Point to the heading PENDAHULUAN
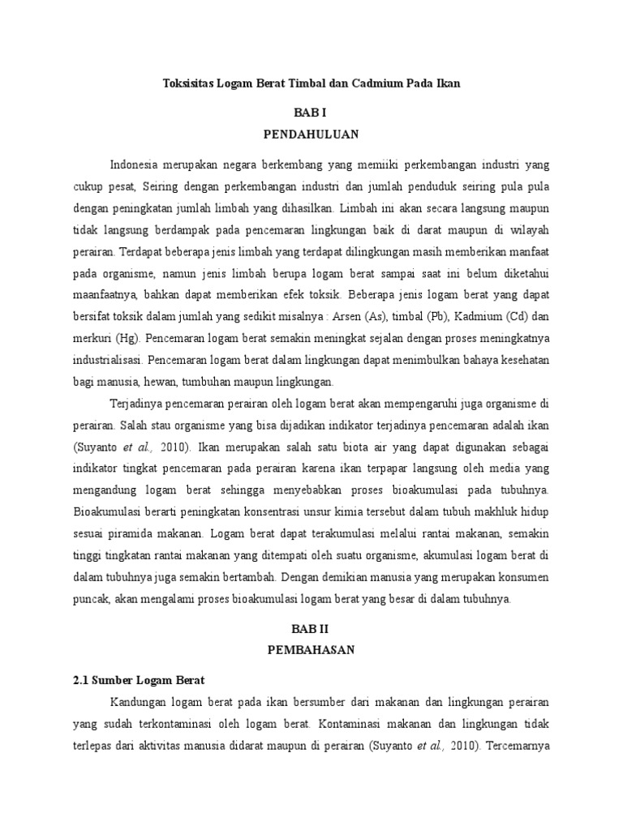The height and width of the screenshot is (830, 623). (311, 134)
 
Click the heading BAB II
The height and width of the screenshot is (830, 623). (311, 628)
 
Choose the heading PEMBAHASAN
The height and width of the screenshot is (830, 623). (311, 649)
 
